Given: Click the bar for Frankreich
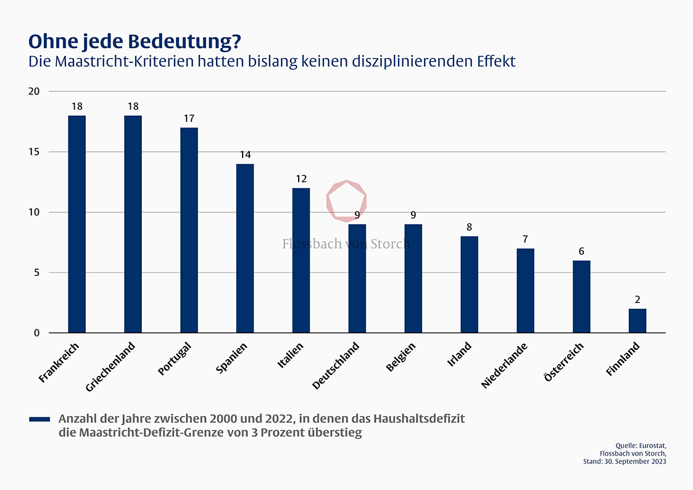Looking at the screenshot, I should click(x=77, y=224).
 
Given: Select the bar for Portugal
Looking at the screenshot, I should click(x=189, y=230).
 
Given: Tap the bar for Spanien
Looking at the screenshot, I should click(x=245, y=248).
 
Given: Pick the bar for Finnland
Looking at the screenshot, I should click(x=637, y=321).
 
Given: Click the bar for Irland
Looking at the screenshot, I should click(x=469, y=284).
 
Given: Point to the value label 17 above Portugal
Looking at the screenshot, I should click(x=189, y=118).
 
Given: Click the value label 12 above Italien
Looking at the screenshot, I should click(x=301, y=179).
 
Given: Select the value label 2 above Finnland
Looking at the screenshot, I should click(x=637, y=300).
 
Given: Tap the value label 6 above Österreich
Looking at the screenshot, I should click(x=581, y=251).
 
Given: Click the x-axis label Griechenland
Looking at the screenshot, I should click(x=112, y=367).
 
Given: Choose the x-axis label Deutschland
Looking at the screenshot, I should click(x=336, y=365).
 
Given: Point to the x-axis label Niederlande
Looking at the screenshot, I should click(x=505, y=365).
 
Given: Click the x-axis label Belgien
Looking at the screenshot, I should click(x=401, y=357).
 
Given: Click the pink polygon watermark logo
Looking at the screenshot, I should click(x=346, y=201).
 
